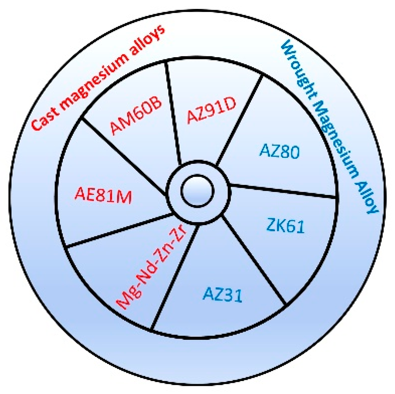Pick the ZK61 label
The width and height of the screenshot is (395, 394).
coord(286,225)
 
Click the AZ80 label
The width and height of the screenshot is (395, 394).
coord(280,151)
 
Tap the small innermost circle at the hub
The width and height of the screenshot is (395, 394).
coord(197,191)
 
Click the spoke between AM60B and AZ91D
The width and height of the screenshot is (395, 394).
coord(173,113)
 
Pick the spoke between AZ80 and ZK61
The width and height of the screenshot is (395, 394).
coord(282,191)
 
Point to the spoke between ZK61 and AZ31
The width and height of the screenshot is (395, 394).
coord(254,260)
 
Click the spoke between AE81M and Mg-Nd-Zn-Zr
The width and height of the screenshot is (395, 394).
coord(119,230)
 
